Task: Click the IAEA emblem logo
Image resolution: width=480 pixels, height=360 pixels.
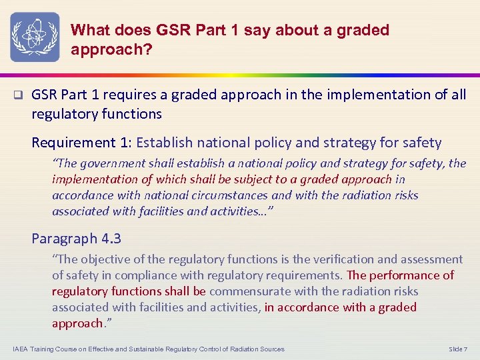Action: (35, 37)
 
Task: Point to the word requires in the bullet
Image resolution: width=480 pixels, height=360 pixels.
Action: (143, 95)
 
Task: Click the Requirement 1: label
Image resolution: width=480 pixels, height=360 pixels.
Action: (83, 142)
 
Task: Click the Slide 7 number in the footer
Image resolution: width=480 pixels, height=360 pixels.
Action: (458, 349)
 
